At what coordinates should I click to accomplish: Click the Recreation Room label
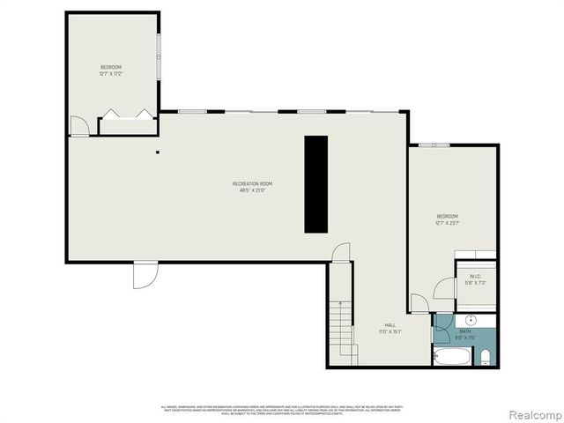pyautogui.click(x=252, y=183)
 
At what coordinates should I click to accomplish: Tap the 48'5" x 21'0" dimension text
pyautogui.click(x=252, y=190)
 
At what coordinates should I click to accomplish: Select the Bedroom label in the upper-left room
pyautogui.click(x=110, y=68)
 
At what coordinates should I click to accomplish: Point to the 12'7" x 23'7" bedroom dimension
pyautogui.click(x=448, y=223)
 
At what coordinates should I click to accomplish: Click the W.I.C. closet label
pyautogui.click(x=475, y=277)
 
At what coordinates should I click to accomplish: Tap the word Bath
pyautogui.click(x=465, y=330)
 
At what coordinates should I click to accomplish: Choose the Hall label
pyautogui.click(x=390, y=324)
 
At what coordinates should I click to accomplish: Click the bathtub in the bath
pyautogui.click(x=452, y=356)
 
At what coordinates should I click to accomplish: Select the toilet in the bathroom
pyautogui.click(x=486, y=356)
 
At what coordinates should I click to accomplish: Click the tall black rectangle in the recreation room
pyautogui.click(x=315, y=184)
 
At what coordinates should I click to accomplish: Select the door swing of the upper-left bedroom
pyautogui.click(x=79, y=128)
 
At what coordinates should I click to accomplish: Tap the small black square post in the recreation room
pyautogui.click(x=158, y=152)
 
